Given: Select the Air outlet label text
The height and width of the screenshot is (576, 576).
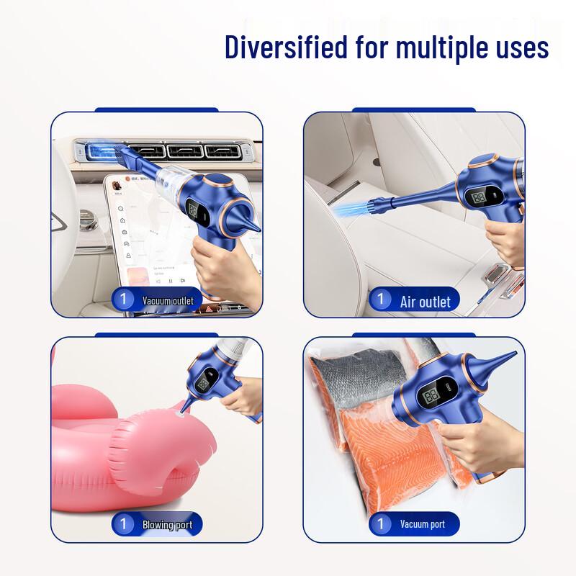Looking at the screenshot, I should click(425, 301).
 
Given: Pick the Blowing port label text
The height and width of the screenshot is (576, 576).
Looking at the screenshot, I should click(167, 524).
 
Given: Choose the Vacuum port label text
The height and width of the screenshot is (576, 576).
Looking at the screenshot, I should click(423, 524).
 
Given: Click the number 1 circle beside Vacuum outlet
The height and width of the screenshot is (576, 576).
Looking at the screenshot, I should click(123, 300).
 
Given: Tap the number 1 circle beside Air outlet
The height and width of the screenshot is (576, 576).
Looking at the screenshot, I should click(380, 300).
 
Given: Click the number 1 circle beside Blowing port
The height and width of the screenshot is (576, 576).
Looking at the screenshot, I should click(123, 523).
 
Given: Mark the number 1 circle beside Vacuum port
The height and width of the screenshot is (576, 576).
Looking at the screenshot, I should click(380, 523).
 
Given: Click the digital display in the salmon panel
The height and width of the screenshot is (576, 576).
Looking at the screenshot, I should click(433, 397).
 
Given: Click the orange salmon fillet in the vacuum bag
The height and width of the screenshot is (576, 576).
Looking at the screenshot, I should click(374, 446).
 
